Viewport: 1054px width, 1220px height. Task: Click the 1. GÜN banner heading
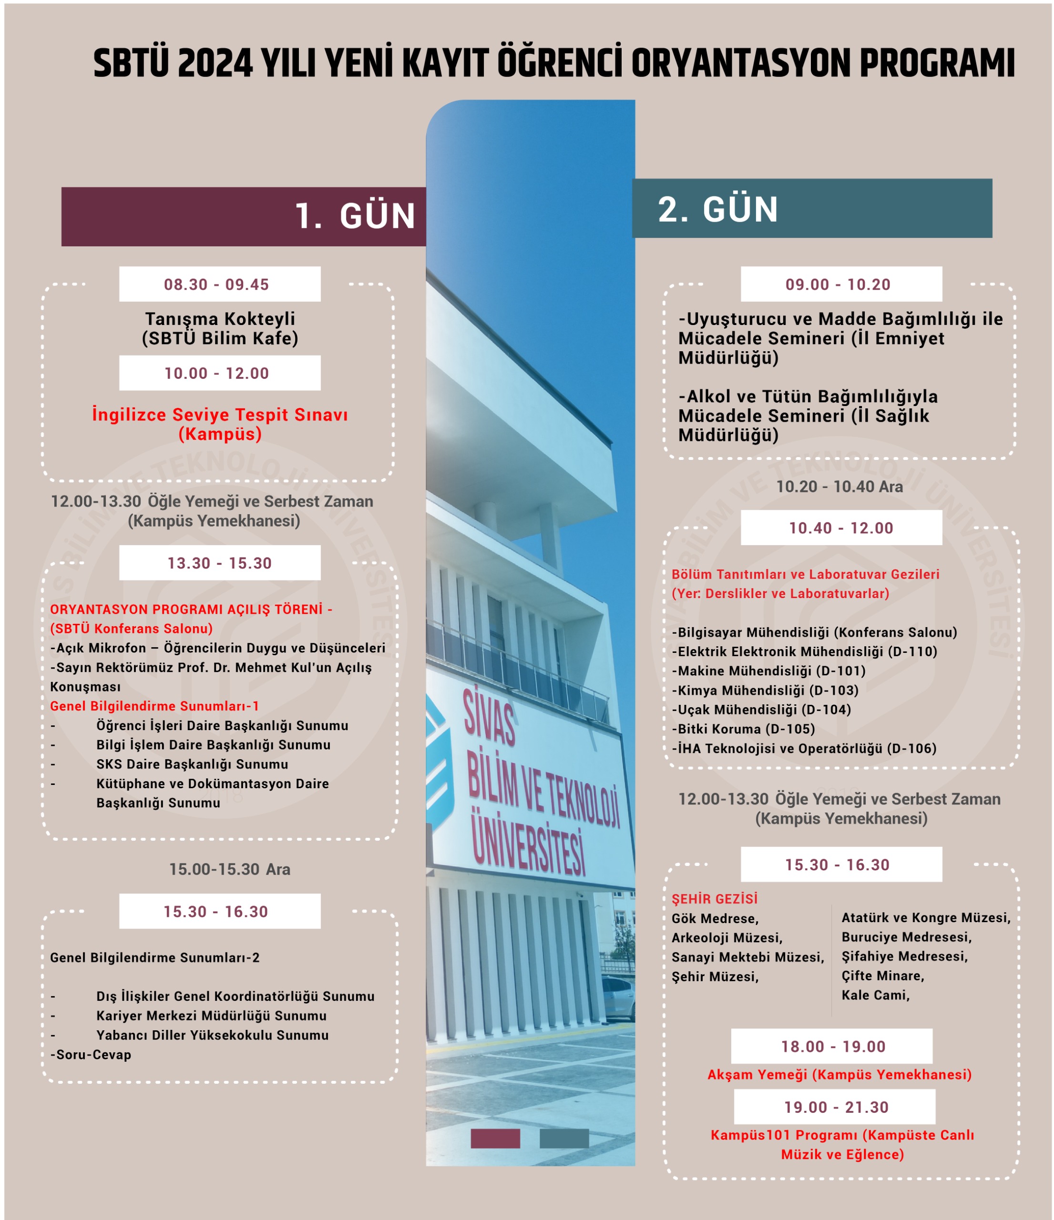point(355,216)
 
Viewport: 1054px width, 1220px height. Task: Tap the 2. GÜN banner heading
point(718,209)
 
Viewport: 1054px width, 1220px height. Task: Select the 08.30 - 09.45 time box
point(220,285)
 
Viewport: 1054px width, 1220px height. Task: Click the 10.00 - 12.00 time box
point(220,373)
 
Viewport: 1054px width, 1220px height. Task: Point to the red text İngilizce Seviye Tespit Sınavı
point(220,415)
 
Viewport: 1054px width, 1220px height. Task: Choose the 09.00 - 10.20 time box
point(841,285)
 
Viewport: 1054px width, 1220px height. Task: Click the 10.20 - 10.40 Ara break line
point(839,487)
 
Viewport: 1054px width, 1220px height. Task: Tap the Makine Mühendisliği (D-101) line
point(768,671)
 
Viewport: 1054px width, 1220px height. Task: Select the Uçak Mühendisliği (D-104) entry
point(761,710)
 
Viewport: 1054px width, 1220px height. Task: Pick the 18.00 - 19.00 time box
point(831,1047)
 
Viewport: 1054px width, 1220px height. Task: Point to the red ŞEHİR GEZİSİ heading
point(714,899)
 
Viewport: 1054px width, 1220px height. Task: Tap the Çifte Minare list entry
point(883,976)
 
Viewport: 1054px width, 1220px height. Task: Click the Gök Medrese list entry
point(715,918)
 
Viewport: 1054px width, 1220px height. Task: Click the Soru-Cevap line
point(91,1055)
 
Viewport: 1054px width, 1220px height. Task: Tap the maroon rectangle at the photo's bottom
point(495,1138)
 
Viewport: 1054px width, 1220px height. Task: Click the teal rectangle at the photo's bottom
point(563,1138)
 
